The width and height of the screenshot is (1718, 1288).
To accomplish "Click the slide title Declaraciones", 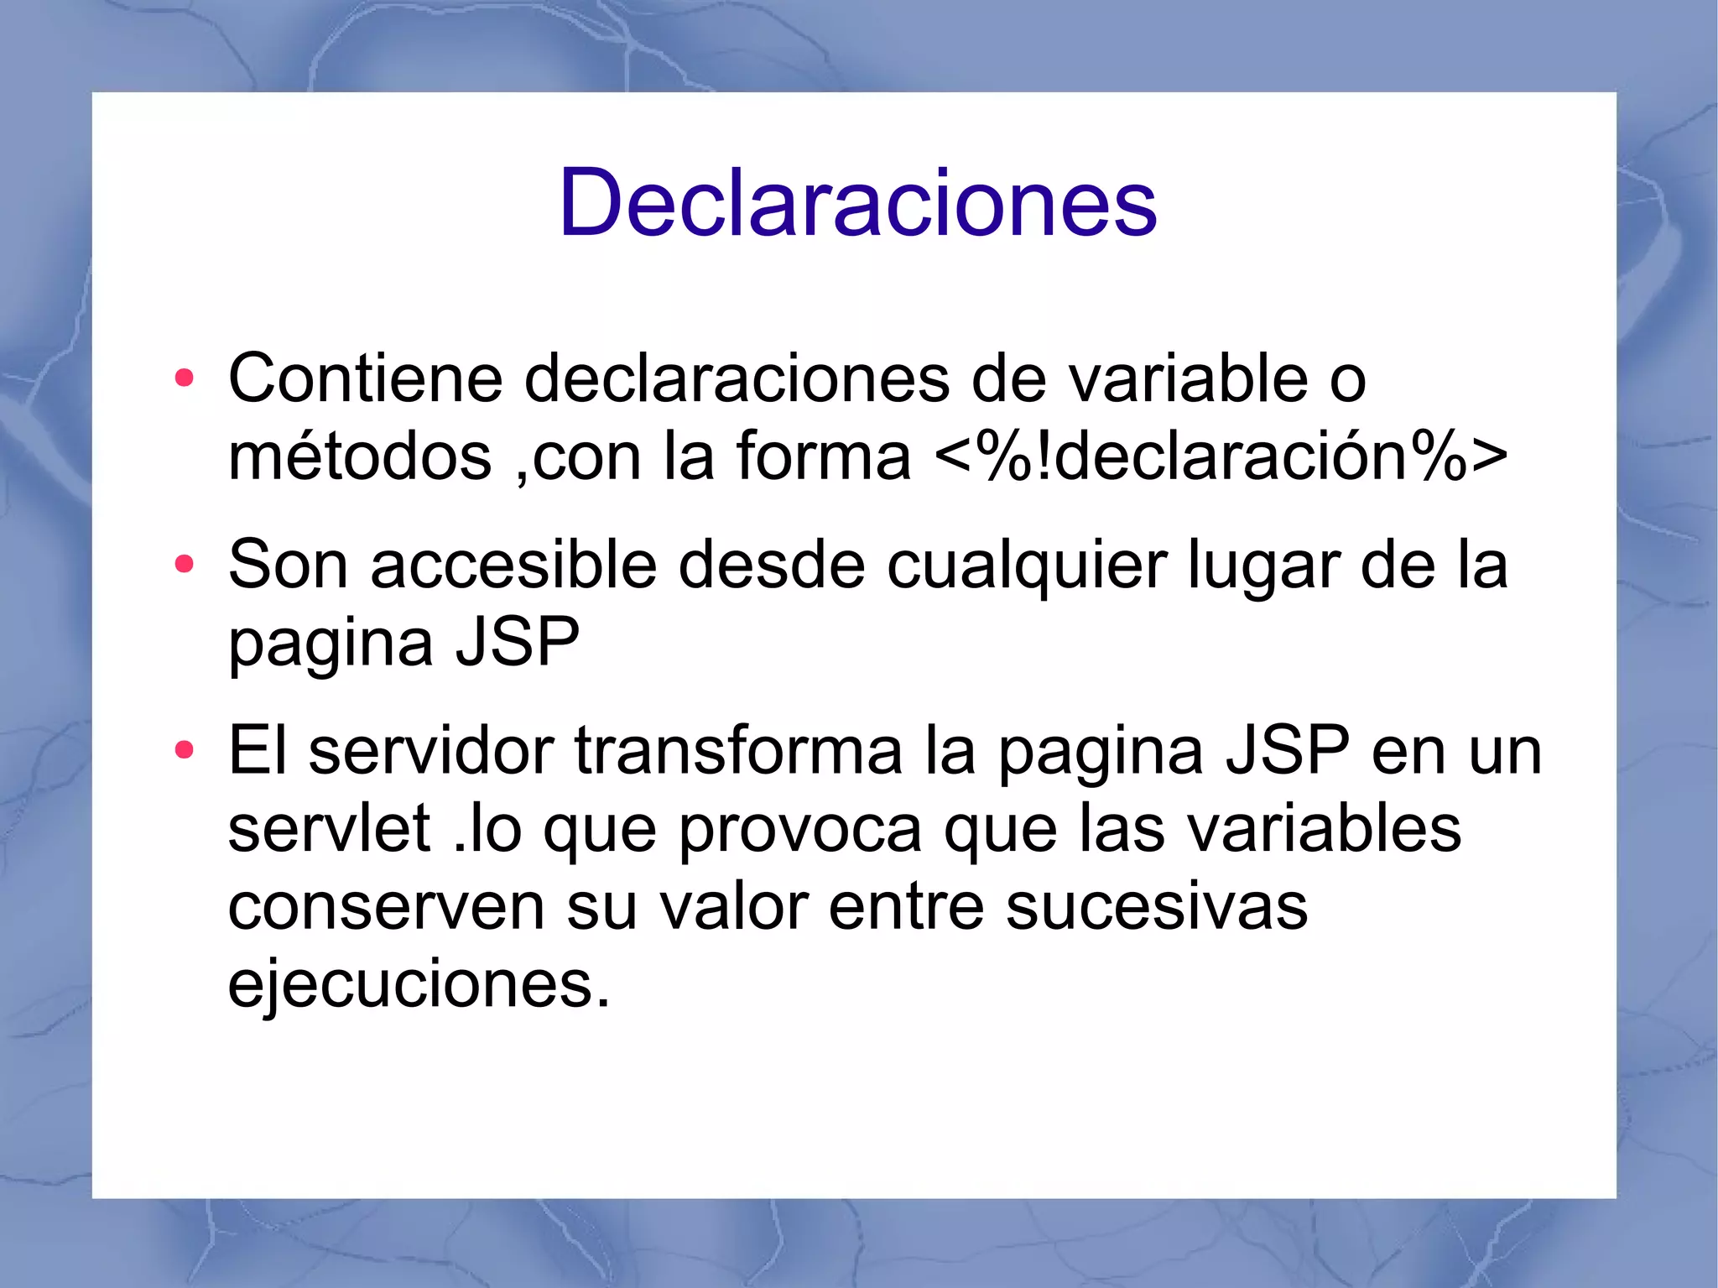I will tap(857, 203).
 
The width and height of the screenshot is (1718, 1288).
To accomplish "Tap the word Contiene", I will tap(365, 379).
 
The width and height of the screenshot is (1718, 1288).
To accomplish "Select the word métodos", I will tap(360, 457).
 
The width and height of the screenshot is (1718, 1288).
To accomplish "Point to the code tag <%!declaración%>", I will tap(1220, 457).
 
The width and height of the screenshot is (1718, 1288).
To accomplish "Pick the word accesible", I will tap(513, 566).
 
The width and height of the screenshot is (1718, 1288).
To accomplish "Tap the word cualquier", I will tap(1027, 566).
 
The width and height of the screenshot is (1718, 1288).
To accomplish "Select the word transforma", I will tap(738, 751).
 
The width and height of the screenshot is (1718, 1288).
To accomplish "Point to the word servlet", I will tap(329, 829).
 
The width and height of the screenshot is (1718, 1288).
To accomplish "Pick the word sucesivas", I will tap(1157, 907).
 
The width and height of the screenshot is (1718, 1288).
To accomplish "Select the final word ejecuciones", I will tap(418, 985).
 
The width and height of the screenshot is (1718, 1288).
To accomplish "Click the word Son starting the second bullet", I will tap(288, 566).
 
